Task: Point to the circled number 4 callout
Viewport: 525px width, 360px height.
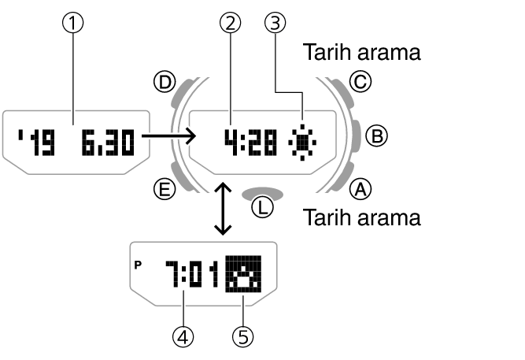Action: (183, 336)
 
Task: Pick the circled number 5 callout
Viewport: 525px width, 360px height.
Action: (242, 336)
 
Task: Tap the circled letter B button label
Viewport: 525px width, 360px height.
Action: (378, 137)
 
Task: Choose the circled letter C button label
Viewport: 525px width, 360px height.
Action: (360, 82)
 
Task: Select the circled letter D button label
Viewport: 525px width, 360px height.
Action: (165, 81)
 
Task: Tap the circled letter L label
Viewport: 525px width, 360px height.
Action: (262, 208)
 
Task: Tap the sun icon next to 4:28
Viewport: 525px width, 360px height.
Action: (302, 142)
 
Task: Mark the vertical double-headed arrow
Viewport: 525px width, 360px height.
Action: (223, 208)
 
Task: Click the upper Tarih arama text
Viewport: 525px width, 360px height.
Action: (361, 53)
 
